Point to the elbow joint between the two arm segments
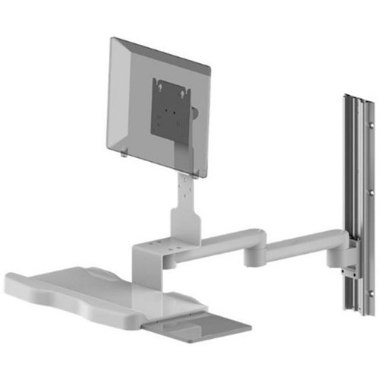pos(255,255)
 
